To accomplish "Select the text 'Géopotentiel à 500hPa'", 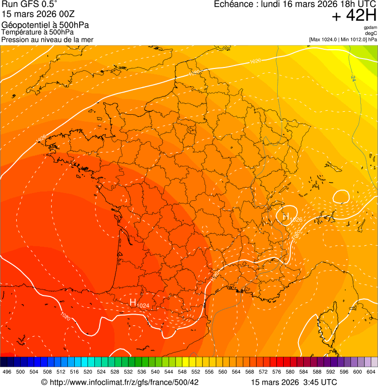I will [45, 25].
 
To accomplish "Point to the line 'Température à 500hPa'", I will [41, 32].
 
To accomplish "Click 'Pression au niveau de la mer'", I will [47, 39].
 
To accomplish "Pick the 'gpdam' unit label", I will [370, 28].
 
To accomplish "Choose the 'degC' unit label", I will [371, 33].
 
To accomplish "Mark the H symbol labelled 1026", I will [286, 215].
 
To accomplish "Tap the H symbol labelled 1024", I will [133, 302].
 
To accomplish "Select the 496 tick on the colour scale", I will [7, 372].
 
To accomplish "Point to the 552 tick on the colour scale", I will [196, 372].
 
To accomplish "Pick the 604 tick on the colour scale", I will [371, 372].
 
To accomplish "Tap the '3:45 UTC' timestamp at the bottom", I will [321, 382].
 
